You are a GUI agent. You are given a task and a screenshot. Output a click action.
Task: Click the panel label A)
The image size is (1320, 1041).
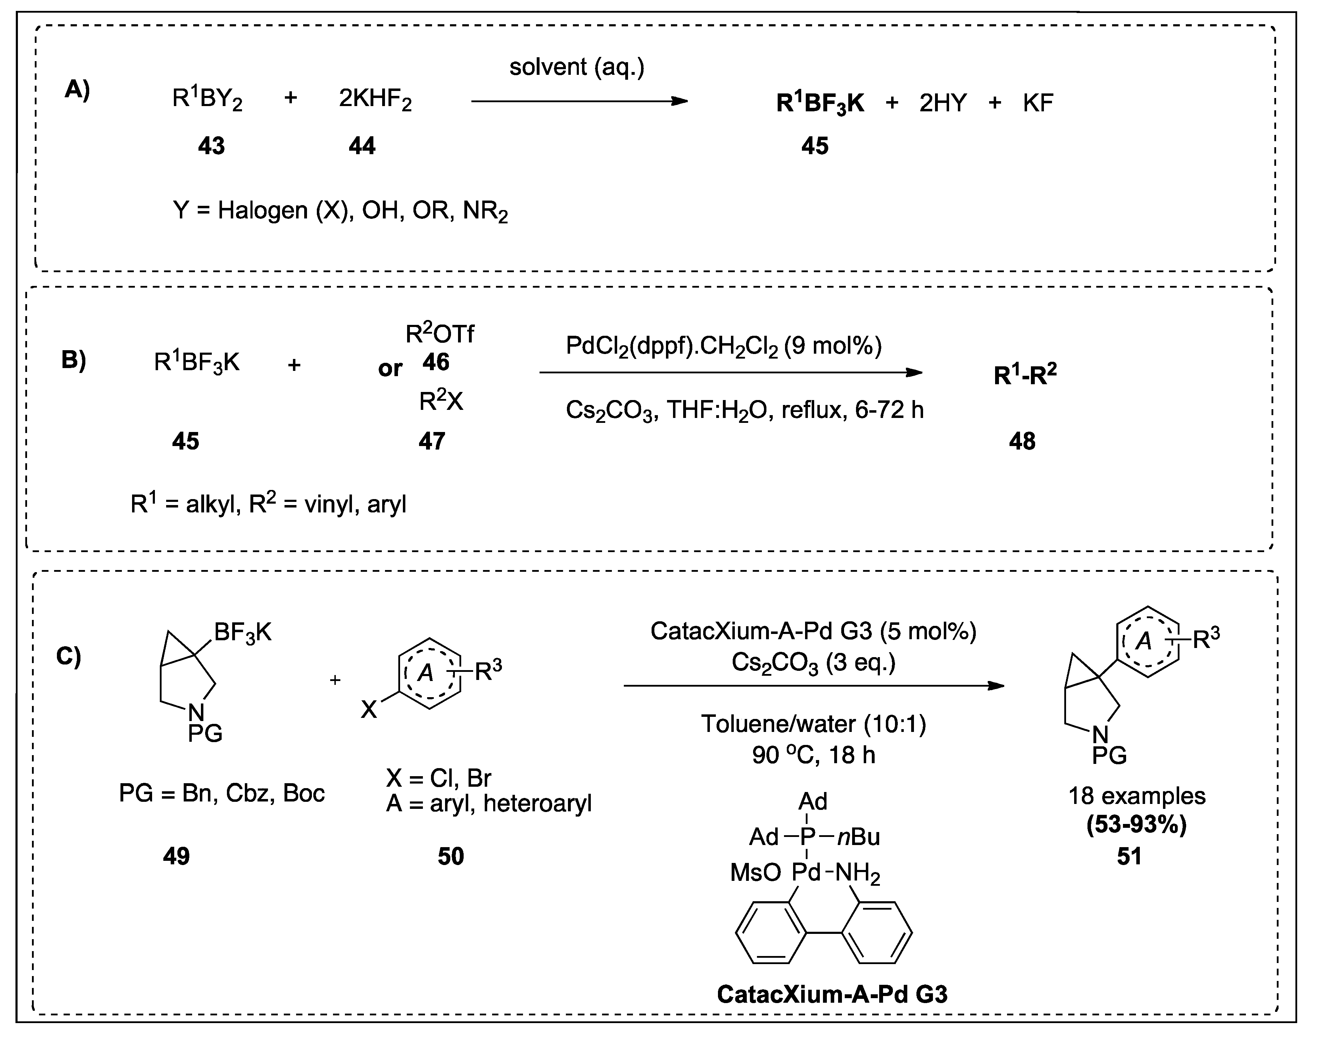pos(77,90)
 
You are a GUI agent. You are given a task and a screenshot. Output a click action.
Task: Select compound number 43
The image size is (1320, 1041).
pos(211,146)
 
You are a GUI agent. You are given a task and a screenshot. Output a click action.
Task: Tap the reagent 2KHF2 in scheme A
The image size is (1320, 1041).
pos(375,100)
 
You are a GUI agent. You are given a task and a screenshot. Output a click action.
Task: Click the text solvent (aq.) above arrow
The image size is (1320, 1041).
pos(576,67)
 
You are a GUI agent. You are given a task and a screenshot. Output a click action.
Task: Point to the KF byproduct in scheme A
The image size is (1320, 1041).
pos(1038,103)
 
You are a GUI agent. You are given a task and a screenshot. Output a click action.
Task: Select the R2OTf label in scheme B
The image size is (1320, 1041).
pos(439,333)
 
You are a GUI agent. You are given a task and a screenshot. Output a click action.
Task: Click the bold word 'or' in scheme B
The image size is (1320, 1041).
pos(390,368)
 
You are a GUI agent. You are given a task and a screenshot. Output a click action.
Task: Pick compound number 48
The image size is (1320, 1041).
pos(1022,441)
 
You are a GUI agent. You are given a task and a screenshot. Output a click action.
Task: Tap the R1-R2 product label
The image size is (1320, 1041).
pos(1025,375)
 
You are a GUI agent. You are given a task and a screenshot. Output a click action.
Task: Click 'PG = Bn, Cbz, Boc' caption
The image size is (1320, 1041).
pos(222,793)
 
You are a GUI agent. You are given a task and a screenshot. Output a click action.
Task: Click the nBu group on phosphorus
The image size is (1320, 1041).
pos(859,837)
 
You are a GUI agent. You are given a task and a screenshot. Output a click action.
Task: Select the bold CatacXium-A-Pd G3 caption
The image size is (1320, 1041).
pos(832,994)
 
